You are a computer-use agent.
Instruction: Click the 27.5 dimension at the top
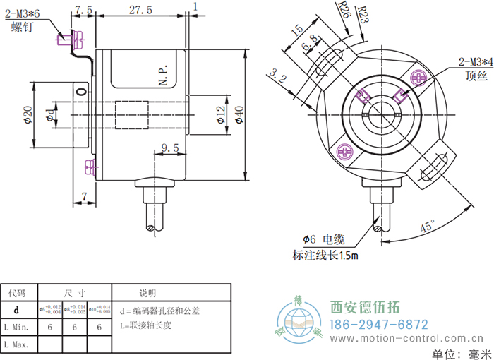(x=141, y=11)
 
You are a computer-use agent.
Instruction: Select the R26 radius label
(x=345, y=12)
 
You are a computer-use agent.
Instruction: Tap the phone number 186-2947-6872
(x=380, y=324)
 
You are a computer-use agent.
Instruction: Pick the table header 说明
(x=148, y=292)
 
